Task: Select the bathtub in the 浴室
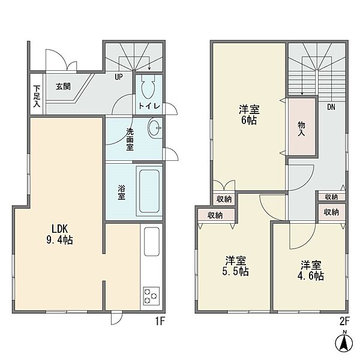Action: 149,191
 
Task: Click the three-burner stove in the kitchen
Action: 151,296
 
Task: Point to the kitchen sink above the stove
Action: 152,242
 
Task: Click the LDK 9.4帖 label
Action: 59,235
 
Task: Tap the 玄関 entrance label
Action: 63,86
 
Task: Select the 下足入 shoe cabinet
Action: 37,94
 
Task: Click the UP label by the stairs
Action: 119,77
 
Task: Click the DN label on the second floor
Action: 331,107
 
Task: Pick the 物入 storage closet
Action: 302,127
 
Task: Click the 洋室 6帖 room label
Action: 249,115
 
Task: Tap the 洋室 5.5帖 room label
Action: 236,266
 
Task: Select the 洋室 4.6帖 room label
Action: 311,270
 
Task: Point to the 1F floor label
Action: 160,322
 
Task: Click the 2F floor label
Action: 344,322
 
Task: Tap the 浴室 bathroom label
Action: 121,193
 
